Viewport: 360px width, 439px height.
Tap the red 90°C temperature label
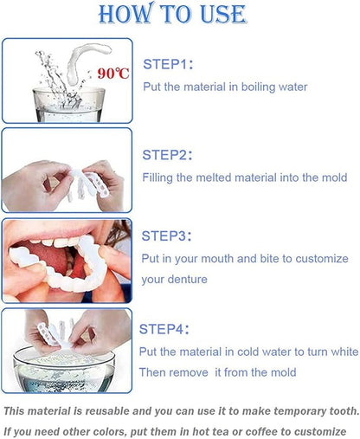pyautogui.click(x=112, y=73)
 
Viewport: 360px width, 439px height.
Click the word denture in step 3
pyautogui.click(x=191, y=280)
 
